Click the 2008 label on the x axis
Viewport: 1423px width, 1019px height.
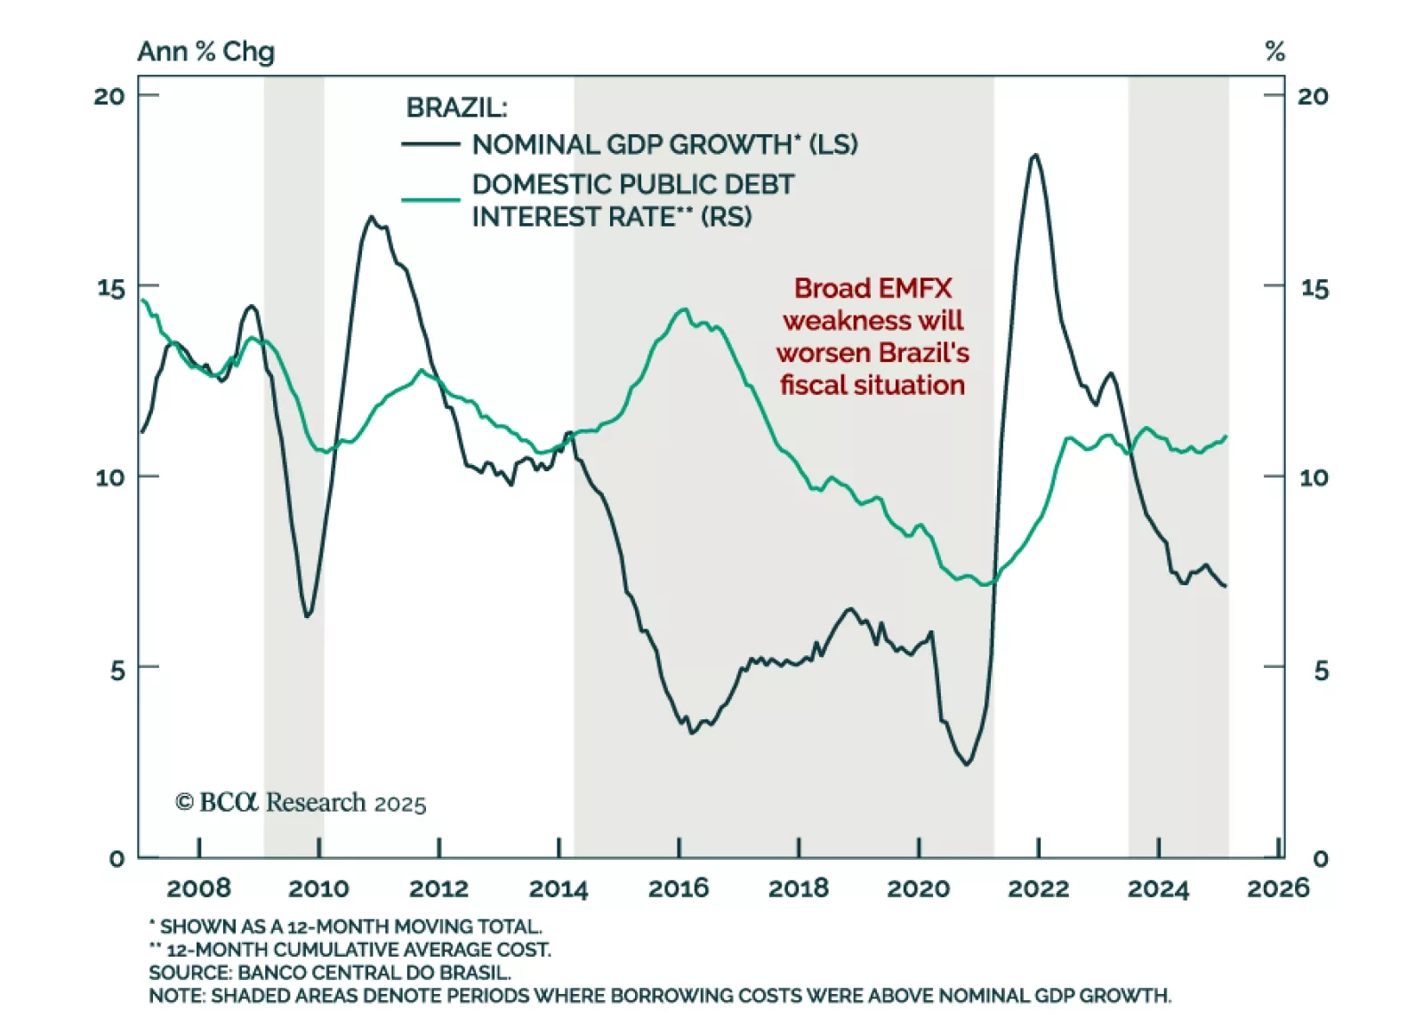coord(198,887)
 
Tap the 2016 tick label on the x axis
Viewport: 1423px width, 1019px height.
coord(679,887)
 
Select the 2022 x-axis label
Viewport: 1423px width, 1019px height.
coord(1038,887)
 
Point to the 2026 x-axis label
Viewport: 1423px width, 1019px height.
coord(1278,887)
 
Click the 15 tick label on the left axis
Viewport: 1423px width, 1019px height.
coord(111,288)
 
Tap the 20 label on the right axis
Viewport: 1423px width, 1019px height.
coord(1313,96)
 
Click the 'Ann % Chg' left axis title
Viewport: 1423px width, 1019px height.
coord(205,52)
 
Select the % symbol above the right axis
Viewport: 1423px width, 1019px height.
coord(1274,52)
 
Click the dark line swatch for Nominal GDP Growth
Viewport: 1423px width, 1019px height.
coord(430,144)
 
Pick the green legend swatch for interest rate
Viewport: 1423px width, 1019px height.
coord(430,199)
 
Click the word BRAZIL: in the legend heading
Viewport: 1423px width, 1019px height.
coord(456,108)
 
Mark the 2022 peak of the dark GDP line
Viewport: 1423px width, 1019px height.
coord(1034,156)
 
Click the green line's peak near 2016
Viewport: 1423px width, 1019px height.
coord(683,309)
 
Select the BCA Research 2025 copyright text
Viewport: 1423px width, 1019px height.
coord(301,803)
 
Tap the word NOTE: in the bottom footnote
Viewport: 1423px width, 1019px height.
coord(177,996)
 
